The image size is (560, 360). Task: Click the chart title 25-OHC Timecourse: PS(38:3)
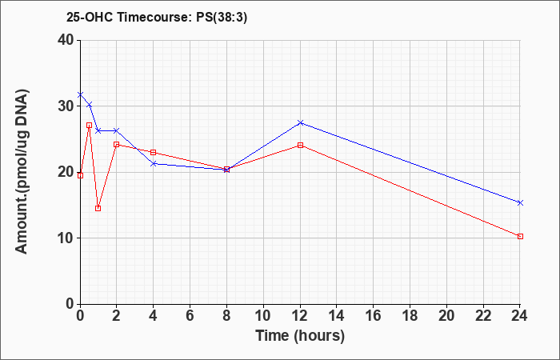(157, 18)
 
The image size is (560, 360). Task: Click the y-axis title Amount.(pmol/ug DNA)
(22, 171)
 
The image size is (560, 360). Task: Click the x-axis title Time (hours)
(300, 336)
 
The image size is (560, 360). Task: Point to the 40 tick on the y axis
(66, 40)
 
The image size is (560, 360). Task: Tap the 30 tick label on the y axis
(66, 106)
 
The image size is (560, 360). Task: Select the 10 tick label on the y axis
(66, 238)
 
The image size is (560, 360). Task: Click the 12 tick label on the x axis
(300, 316)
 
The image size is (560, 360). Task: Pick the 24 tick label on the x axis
(520, 316)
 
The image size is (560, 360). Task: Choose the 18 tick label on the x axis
(410, 316)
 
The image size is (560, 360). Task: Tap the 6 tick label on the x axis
(190, 316)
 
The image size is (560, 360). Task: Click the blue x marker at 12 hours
(300, 123)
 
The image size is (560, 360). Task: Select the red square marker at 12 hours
(300, 146)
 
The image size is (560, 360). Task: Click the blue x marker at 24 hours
(520, 203)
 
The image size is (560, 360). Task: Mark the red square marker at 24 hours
(520, 237)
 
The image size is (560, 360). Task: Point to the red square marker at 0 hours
(80, 175)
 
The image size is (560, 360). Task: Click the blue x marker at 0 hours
(80, 94)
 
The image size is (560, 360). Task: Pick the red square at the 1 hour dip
(98, 209)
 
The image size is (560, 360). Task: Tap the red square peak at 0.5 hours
(90, 126)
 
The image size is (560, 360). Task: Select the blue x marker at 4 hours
(154, 163)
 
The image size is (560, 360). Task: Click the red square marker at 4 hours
(154, 153)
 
